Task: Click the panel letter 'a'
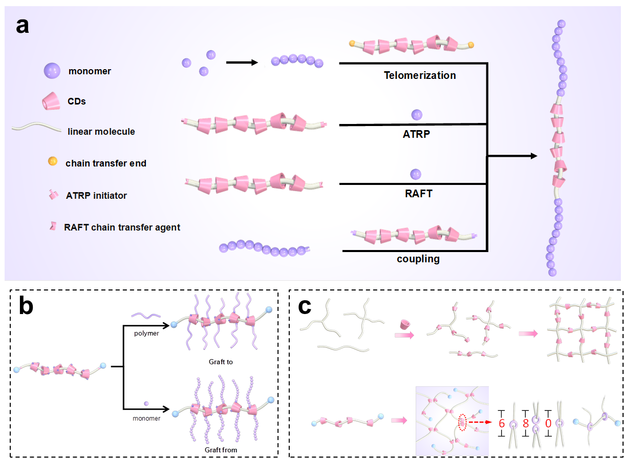tap(23, 26)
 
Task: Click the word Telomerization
tap(420, 75)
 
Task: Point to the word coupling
tap(418, 259)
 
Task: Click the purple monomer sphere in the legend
tap(52, 71)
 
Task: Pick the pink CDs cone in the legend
tap(52, 101)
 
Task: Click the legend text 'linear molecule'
tap(101, 132)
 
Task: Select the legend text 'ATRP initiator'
tap(96, 195)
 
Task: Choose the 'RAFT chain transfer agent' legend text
tap(122, 227)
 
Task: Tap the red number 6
tap(502, 424)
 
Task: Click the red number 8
tap(525, 424)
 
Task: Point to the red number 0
tap(548, 424)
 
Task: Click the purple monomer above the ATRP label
tap(416, 115)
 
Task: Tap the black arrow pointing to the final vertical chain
tap(512, 155)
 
